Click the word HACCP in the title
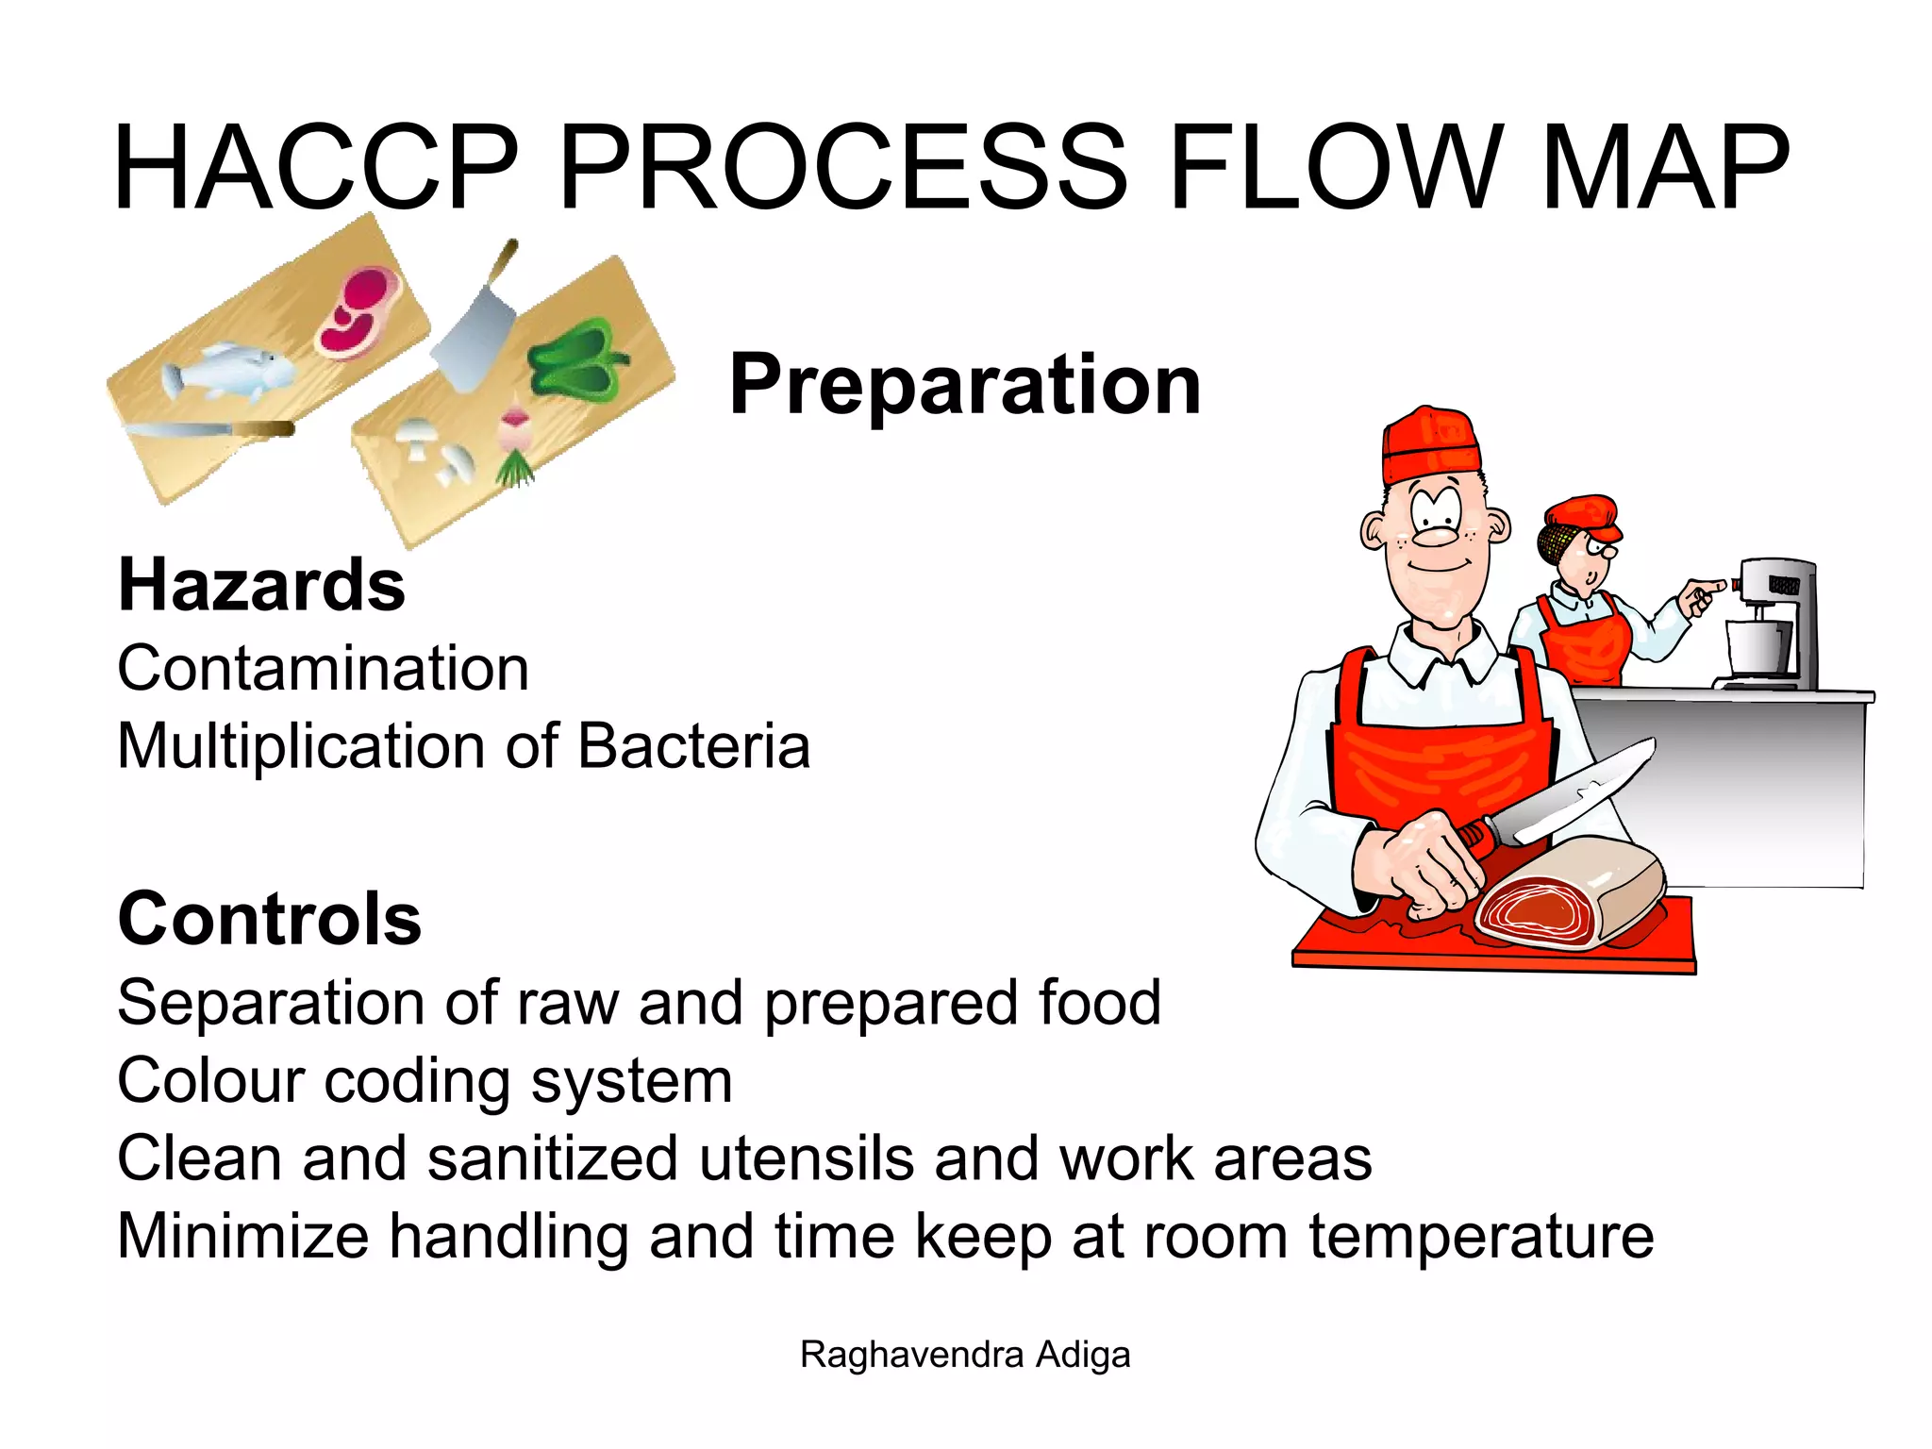coord(316,168)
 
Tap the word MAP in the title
coord(1665,168)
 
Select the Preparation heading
coord(964,384)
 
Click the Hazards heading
coord(261,585)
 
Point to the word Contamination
coord(323,668)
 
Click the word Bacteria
coord(693,746)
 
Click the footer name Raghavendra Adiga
coord(964,1355)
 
